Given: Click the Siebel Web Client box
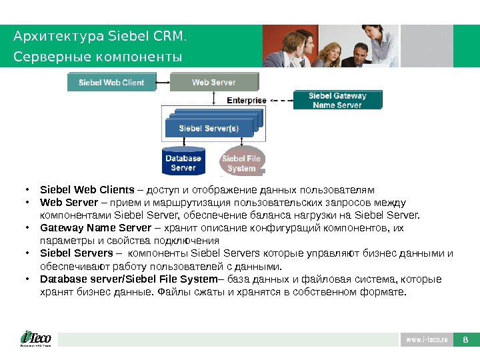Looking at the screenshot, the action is coord(111,83).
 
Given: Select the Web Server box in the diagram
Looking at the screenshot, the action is coord(213,83).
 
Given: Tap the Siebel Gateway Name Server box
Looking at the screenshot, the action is coord(337,101).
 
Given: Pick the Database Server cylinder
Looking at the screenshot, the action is coord(183,163).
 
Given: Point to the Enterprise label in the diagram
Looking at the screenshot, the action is coord(247,101).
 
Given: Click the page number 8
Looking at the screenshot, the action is coord(465,340).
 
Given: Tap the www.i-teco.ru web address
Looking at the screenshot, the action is coord(426,340).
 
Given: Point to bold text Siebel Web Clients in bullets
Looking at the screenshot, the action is coord(87,189).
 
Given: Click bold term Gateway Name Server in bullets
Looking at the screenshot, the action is coord(96,228).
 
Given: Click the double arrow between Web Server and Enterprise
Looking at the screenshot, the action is coord(213,98).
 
